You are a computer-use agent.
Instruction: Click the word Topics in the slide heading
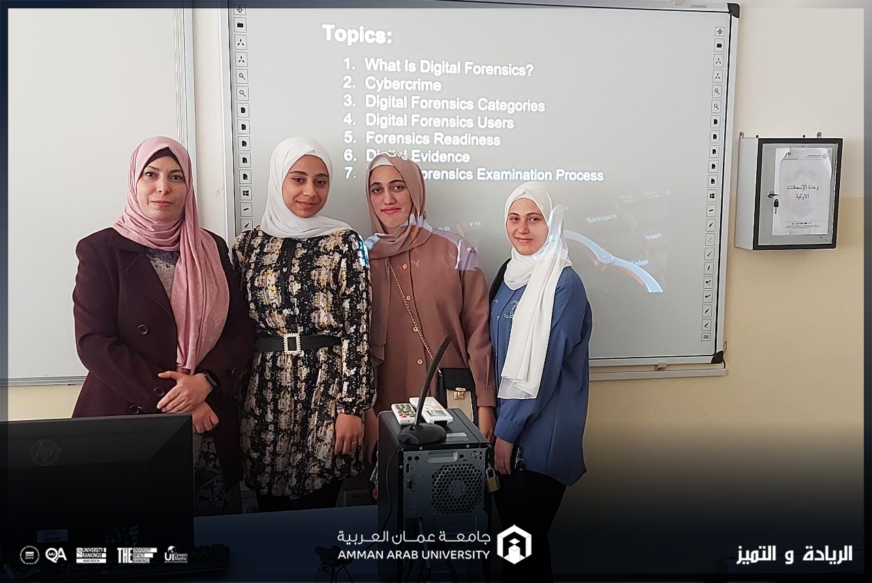point(356,34)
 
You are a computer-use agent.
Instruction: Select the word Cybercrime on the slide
point(403,84)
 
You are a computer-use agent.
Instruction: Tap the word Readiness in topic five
point(467,140)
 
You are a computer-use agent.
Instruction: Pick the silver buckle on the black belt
point(292,343)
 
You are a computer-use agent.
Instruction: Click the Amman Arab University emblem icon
point(514,544)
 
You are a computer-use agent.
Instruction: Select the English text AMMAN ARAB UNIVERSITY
point(413,554)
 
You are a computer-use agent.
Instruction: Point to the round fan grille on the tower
point(456,488)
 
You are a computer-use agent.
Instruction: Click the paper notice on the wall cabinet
point(802,191)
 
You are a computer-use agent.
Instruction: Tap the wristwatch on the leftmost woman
point(209,379)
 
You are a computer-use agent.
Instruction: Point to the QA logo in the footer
point(56,555)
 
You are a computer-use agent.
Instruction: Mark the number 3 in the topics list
point(349,101)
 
